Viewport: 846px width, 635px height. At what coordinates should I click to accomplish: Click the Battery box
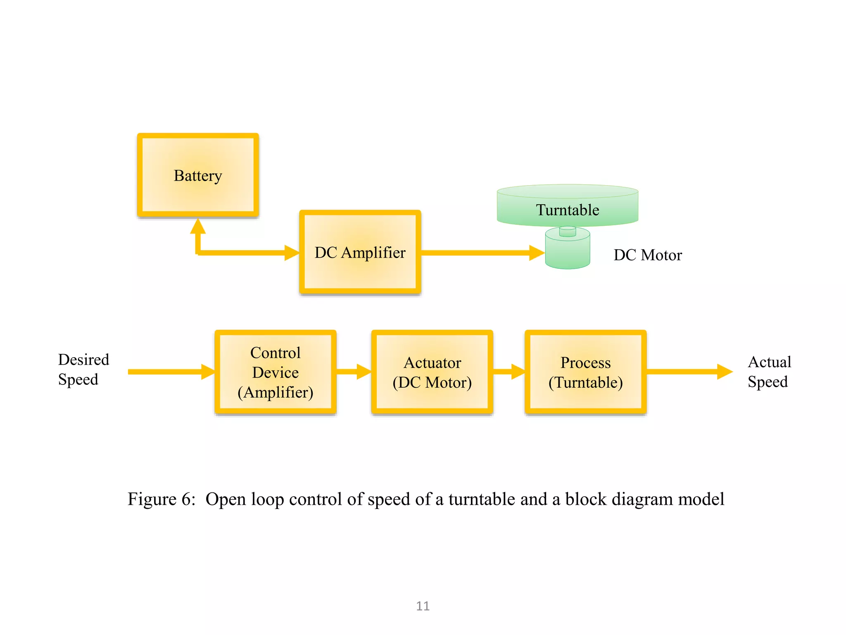tap(198, 175)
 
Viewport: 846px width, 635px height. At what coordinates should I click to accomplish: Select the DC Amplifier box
tap(360, 252)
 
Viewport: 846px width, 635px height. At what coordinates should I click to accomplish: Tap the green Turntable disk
tap(567, 205)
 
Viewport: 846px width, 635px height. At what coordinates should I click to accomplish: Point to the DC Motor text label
tap(647, 255)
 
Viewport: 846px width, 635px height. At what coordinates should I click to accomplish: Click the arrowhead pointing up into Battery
tap(198, 227)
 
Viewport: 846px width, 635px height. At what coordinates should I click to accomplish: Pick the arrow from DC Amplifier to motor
tap(479, 253)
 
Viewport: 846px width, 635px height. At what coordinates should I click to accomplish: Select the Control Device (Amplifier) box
tap(275, 372)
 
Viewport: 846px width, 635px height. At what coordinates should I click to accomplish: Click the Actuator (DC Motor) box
tap(432, 372)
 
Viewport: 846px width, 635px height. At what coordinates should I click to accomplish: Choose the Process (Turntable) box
tap(585, 372)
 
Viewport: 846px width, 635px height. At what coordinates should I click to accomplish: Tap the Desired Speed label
tap(83, 369)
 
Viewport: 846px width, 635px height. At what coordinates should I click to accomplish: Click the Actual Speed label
tap(769, 372)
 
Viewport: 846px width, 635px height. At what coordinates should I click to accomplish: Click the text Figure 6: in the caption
tap(161, 499)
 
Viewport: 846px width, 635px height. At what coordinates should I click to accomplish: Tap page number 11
tap(423, 606)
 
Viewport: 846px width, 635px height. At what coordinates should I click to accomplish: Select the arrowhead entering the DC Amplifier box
tap(292, 253)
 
